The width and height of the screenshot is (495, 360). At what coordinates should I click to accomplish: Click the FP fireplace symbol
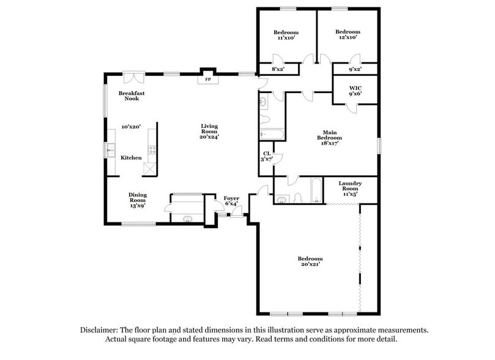[x=207, y=80]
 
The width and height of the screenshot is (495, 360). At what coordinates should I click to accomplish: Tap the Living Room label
[x=210, y=132]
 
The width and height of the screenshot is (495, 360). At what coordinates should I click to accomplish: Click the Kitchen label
[x=131, y=158]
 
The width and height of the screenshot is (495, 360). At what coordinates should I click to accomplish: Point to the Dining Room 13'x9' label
[x=137, y=200]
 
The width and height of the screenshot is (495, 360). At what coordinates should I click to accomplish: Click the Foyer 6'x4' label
[x=231, y=201]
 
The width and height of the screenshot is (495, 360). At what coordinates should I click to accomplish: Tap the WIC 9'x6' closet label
[x=355, y=91]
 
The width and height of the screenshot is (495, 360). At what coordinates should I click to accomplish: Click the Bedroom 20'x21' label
[x=310, y=261]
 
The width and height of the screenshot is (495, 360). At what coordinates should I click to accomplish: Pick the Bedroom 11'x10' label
[x=286, y=35]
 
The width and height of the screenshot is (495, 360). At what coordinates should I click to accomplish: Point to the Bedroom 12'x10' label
[x=348, y=35]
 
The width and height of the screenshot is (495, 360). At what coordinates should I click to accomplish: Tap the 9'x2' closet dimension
[x=355, y=69]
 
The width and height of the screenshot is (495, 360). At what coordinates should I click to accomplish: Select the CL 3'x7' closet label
[x=267, y=157]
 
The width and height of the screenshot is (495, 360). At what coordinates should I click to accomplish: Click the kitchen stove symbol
[x=151, y=149]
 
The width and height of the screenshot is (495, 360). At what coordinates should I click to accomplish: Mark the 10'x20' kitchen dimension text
[x=131, y=127]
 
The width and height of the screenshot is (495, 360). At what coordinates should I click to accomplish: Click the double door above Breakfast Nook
[x=133, y=77]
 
